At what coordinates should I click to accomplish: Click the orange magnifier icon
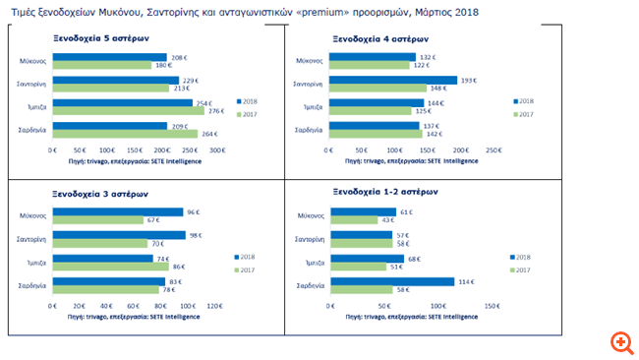[620, 341]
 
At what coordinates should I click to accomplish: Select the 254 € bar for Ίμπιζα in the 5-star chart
[123, 102]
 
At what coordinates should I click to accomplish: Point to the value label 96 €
[195, 210]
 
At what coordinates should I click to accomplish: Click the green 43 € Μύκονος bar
[354, 219]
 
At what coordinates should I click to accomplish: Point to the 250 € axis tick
[495, 150]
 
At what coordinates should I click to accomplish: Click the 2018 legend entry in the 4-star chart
[524, 101]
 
